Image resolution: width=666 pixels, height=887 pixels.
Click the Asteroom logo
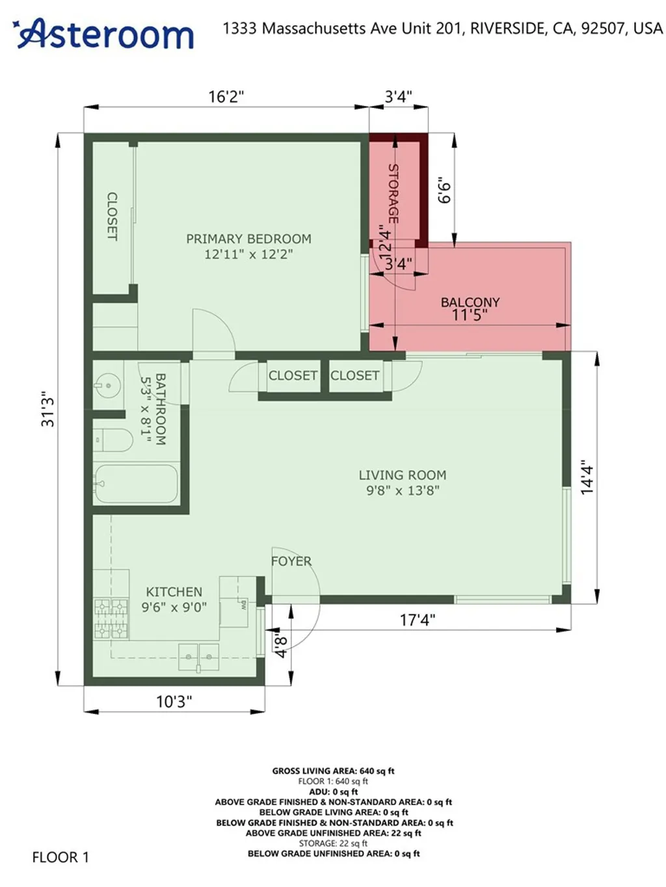pos(104,34)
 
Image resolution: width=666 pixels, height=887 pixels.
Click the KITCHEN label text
pos(174,592)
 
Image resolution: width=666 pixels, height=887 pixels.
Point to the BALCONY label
pos(470,302)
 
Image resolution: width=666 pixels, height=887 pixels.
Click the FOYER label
pos(291,561)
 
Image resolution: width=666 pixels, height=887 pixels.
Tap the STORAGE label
pos(393,193)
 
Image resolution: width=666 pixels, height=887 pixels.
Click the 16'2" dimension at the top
pos(226,97)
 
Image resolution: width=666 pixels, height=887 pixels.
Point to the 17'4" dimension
pos(417,620)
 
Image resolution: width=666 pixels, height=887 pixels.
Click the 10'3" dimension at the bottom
pos(174,702)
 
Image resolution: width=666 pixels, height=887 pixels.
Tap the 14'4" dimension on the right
pos(587,477)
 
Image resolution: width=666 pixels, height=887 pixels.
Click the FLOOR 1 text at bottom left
pos(60,857)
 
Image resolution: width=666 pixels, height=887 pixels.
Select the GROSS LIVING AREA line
pos(333,771)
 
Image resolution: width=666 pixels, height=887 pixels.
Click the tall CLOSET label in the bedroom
pos(112,216)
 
